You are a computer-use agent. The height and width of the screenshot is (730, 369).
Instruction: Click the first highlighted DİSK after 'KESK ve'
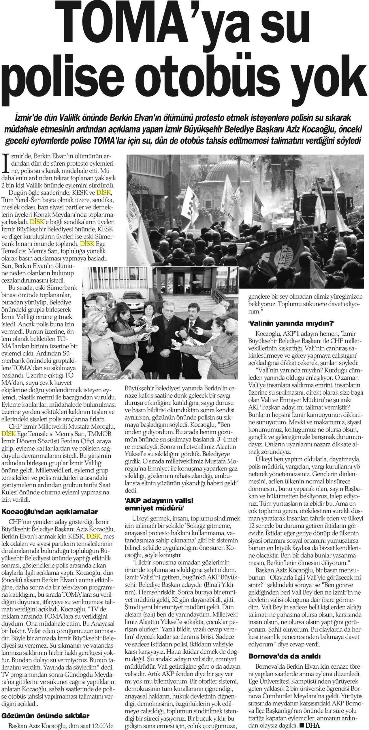point(103,192)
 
